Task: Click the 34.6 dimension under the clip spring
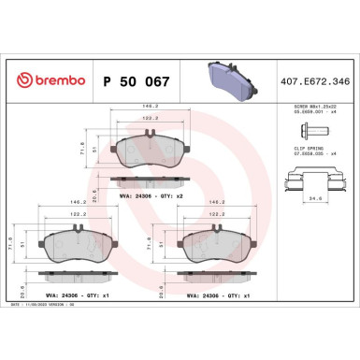(x=315, y=197)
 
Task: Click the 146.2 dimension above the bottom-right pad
(x=218, y=202)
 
